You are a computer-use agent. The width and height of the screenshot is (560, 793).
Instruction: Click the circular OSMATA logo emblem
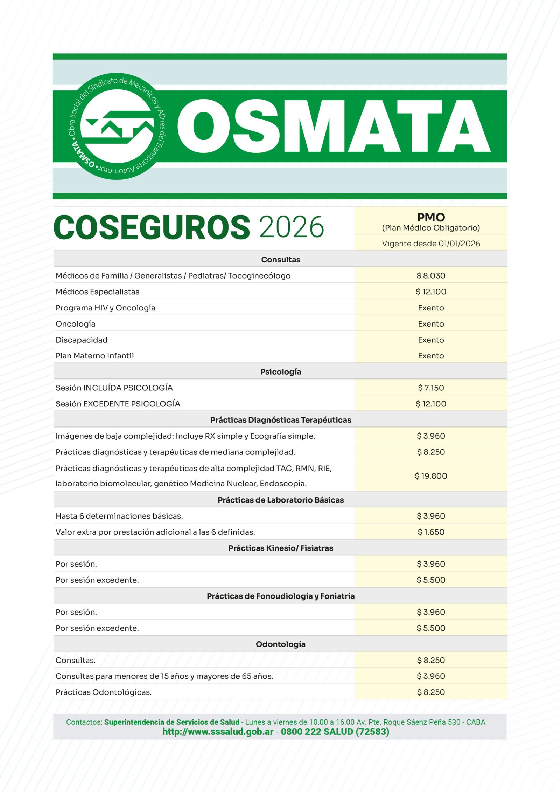pos(117,127)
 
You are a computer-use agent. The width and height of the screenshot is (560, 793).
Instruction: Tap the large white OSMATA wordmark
pos(334,127)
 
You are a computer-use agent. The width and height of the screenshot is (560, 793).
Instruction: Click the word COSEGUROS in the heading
pos(152,227)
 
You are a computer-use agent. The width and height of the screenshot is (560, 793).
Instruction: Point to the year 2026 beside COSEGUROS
pos(292,227)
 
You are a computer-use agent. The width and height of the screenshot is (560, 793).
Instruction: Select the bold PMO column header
pos(431,217)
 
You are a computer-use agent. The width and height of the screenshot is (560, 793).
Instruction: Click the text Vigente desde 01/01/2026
pos(431,244)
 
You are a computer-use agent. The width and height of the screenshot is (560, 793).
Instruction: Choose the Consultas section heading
pos(280,260)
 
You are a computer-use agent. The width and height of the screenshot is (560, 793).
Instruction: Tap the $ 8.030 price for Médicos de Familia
pos(431,276)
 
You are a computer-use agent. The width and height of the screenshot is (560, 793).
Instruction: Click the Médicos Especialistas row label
pos(97,292)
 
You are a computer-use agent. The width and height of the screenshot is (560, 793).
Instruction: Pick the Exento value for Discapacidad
pos(431,340)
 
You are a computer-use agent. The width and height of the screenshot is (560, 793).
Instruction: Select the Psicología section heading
pos(280,372)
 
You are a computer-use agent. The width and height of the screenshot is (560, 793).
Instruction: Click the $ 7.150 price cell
pos(431,388)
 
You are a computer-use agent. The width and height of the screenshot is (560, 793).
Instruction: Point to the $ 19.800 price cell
pos(431,476)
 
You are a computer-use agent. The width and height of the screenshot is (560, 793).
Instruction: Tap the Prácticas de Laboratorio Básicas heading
pos(280,500)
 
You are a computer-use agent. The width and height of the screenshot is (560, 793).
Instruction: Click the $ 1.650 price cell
pos(431,532)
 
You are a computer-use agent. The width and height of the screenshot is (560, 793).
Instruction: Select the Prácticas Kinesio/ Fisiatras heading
pos(280,548)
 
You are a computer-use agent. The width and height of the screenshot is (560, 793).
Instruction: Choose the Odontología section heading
pos(280,644)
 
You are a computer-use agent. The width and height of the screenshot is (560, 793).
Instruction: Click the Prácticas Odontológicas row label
pos(104,692)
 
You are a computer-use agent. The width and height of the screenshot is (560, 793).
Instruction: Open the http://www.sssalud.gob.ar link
pos(218,732)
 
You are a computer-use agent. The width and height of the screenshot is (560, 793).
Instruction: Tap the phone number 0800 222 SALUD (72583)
pos(335,732)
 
